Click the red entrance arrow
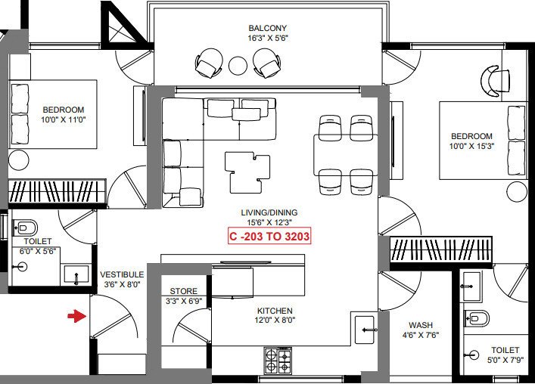[76, 316]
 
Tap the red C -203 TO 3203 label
[269, 236]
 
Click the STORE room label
[183, 291]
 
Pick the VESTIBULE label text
[122, 274]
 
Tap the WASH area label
[420, 325]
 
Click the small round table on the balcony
[238, 66]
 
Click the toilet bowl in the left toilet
[28, 226]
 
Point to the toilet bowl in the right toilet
[478, 318]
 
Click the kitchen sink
[366, 330]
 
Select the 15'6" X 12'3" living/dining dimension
[269, 222]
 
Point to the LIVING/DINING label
[269, 212]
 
